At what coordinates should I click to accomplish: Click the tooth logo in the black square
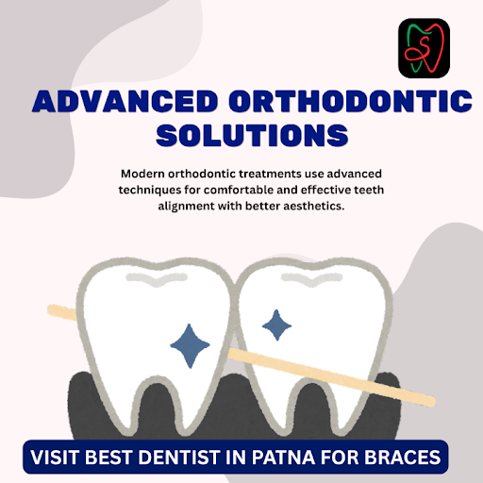pyautogui.click(x=424, y=48)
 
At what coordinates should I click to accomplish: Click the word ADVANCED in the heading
pyautogui.click(x=125, y=102)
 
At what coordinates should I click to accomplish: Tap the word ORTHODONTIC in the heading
pyautogui.click(x=350, y=102)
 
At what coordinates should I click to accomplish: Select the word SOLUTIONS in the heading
pyautogui.click(x=252, y=135)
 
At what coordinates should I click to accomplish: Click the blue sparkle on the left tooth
pyautogui.click(x=190, y=345)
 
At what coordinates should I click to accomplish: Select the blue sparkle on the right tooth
pyautogui.click(x=276, y=325)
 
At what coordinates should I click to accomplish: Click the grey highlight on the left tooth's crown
pyautogui.click(x=157, y=279)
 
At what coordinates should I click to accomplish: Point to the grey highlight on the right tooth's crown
pyautogui.click(x=311, y=279)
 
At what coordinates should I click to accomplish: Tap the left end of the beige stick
pyautogui.click(x=49, y=309)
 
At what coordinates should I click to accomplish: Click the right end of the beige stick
pyautogui.click(x=433, y=401)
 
